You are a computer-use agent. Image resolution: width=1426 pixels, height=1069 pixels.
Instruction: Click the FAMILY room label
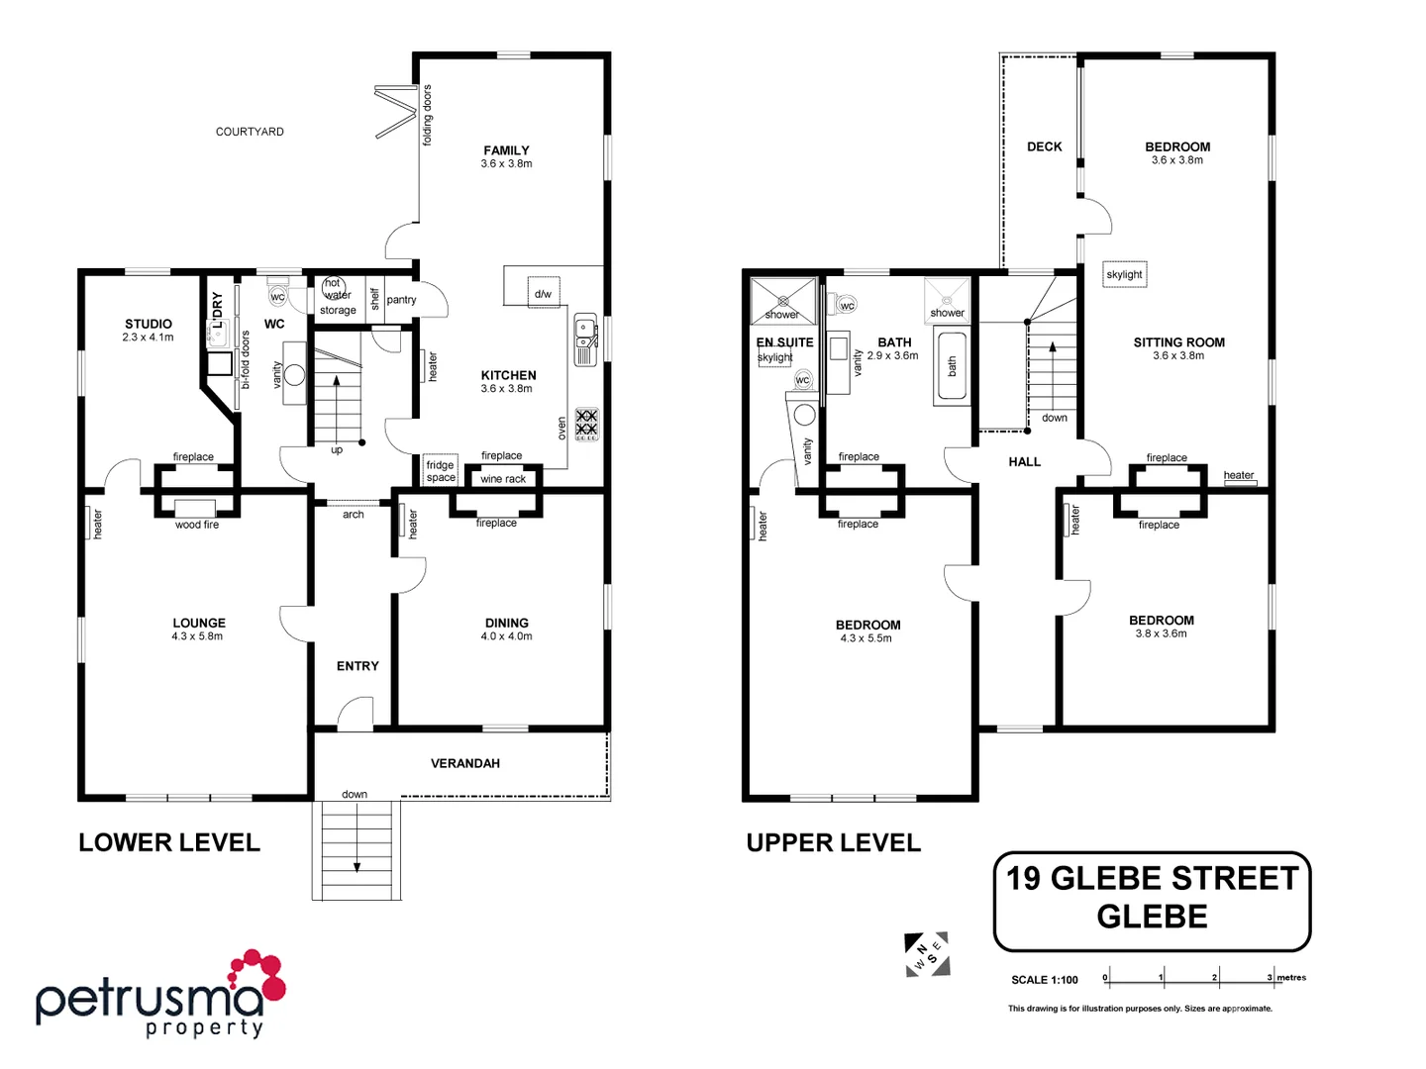(x=506, y=151)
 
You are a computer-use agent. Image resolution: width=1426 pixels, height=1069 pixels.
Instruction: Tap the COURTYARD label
(x=250, y=132)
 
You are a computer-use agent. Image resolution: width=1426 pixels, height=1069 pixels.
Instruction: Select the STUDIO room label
(x=149, y=325)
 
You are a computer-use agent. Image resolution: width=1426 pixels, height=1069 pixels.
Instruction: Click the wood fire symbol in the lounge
(x=196, y=509)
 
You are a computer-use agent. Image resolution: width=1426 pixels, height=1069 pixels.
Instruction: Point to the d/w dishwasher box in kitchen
(x=543, y=293)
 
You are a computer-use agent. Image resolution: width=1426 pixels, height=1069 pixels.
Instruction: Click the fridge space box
(x=441, y=471)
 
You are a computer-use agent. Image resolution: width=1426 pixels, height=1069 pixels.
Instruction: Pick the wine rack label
(x=503, y=479)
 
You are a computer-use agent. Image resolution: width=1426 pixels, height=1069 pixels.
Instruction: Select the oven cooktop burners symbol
(x=586, y=424)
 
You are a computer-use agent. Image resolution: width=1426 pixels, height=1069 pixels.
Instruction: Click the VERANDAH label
(x=464, y=763)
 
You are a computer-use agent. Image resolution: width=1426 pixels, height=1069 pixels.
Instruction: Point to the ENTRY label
(x=357, y=666)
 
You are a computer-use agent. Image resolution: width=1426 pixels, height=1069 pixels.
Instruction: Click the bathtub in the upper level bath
(x=951, y=367)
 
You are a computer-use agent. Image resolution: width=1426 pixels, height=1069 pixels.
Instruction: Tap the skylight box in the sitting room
(x=1125, y=274)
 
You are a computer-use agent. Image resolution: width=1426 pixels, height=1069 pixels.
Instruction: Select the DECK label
(x=1044, y=146)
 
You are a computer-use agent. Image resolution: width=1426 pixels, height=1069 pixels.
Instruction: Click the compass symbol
(x=927, y=954)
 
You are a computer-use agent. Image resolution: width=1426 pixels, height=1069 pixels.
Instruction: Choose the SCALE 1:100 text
(x=1044, y=980)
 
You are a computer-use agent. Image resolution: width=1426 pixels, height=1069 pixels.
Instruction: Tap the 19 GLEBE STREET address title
(x=1152, y=879)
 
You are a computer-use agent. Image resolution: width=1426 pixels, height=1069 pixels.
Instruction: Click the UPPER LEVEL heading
(x=833, y=843)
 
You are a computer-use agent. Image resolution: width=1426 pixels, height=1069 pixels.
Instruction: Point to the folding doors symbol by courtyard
(x=396, y=112)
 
